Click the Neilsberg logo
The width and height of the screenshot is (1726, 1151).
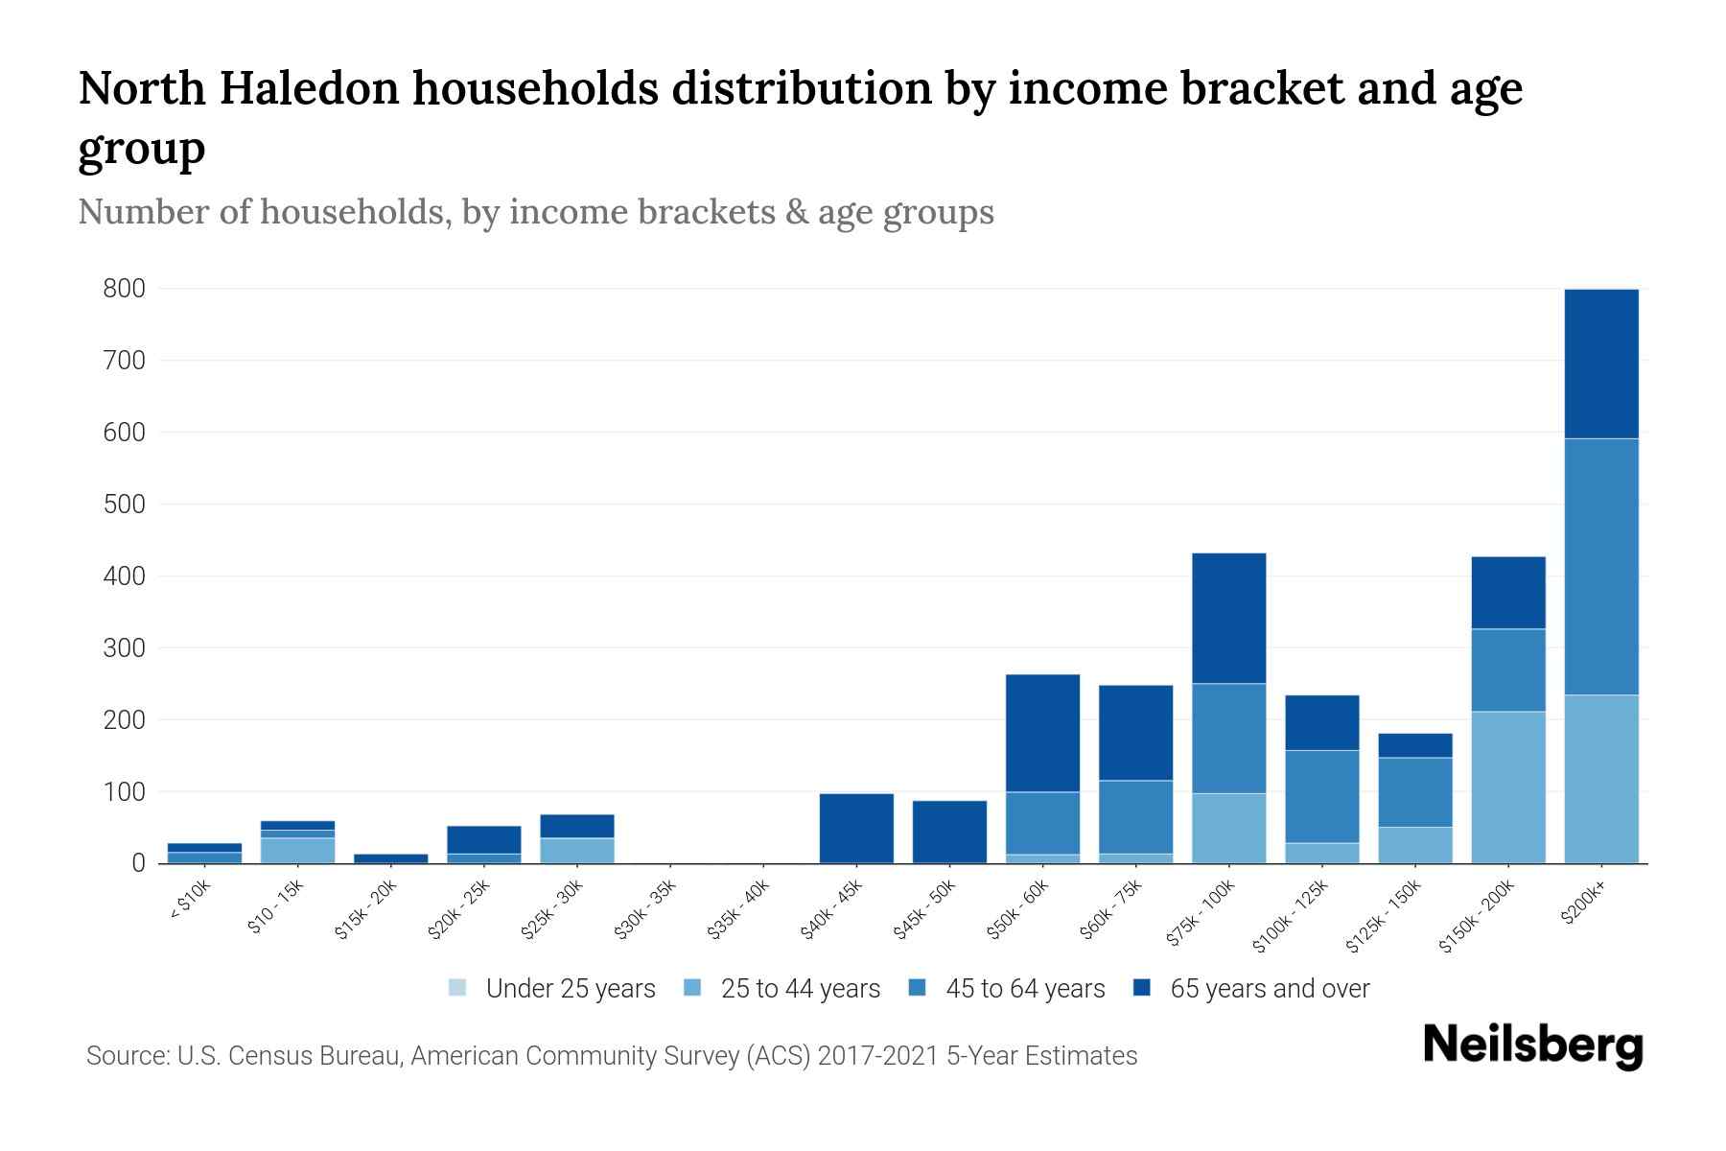[x=1532, y=1046]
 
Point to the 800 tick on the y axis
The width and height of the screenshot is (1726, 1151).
[x=125, y=289]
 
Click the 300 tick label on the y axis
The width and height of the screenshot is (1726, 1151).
[x=125, y=648]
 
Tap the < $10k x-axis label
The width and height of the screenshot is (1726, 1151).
[x=189, y=902]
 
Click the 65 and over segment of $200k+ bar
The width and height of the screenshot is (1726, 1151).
[x=1600, y=364]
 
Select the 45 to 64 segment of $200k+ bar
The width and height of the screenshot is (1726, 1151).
[x=1600, y=566]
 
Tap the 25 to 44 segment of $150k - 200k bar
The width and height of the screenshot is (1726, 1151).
[x=1507, y=787]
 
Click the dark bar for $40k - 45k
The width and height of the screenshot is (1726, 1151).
[x=856, y=828]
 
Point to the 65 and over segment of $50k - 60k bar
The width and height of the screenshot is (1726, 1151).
[x=1042, y=733]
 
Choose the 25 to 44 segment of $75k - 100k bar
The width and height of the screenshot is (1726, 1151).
[x=1228, y=828]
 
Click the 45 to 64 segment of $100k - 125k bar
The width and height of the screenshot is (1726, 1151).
[x=1321, y=796]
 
